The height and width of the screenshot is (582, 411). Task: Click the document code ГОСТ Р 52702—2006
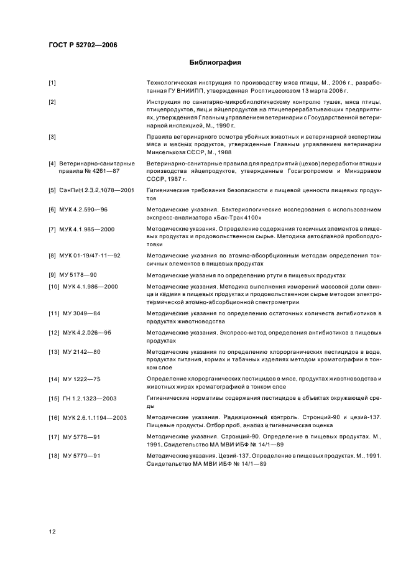point(83,45)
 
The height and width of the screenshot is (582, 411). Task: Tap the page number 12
point(52,531)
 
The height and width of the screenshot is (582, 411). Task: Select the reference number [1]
point(52,83)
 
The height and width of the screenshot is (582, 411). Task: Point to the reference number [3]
point(52,136)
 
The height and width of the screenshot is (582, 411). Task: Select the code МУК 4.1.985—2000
point(90,229)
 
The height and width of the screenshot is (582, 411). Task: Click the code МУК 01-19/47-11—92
point(93,256)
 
